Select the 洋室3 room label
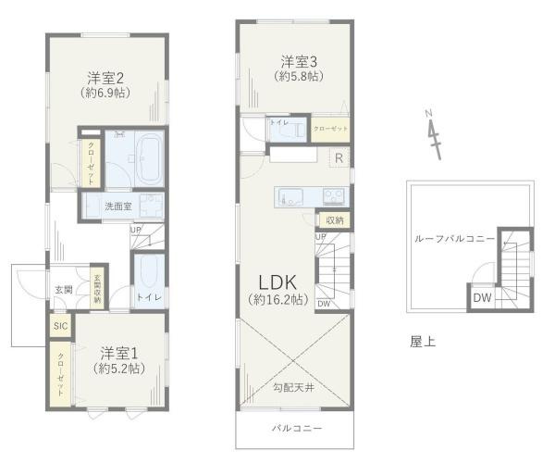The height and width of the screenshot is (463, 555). click(x=300, y=62)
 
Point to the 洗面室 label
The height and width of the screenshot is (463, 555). click(x=118, y=206)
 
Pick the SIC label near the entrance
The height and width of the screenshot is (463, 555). click(x=60, y=326)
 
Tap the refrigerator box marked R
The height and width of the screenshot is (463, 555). click(x=339, y=156)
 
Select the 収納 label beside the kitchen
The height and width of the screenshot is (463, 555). click(x=334, y=220)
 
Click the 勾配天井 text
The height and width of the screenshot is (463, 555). click(x=294, y=386)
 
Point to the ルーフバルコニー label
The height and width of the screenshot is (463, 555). click(x=454, y=238)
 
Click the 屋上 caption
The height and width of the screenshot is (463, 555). click(x=423, y=341)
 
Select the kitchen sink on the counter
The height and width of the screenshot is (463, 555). click(x=287, y=195)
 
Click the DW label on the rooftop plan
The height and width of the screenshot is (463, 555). click(x=482, y=297)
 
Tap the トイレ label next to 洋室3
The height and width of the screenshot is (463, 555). click(x=277, y=122)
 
